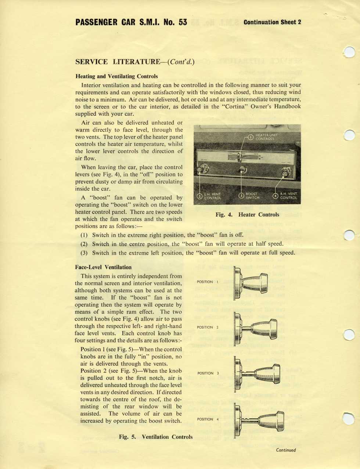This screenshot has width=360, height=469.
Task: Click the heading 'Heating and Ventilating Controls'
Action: (116, 76)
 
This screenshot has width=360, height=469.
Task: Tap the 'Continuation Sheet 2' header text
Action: (272, 22)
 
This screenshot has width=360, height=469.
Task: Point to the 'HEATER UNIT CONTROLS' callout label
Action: (266, 137)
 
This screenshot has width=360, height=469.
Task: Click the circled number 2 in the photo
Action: (199, 196)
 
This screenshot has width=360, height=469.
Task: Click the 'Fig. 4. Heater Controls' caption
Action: (247, 215)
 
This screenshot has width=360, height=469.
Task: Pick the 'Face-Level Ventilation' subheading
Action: (103, 267)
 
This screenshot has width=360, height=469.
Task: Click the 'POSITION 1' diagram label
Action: (208, 282)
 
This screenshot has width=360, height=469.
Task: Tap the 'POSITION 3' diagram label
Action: (208, 373)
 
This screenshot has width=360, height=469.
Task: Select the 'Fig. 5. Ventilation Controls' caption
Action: (156, 437)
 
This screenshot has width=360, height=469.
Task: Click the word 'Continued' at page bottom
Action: (286, 450)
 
